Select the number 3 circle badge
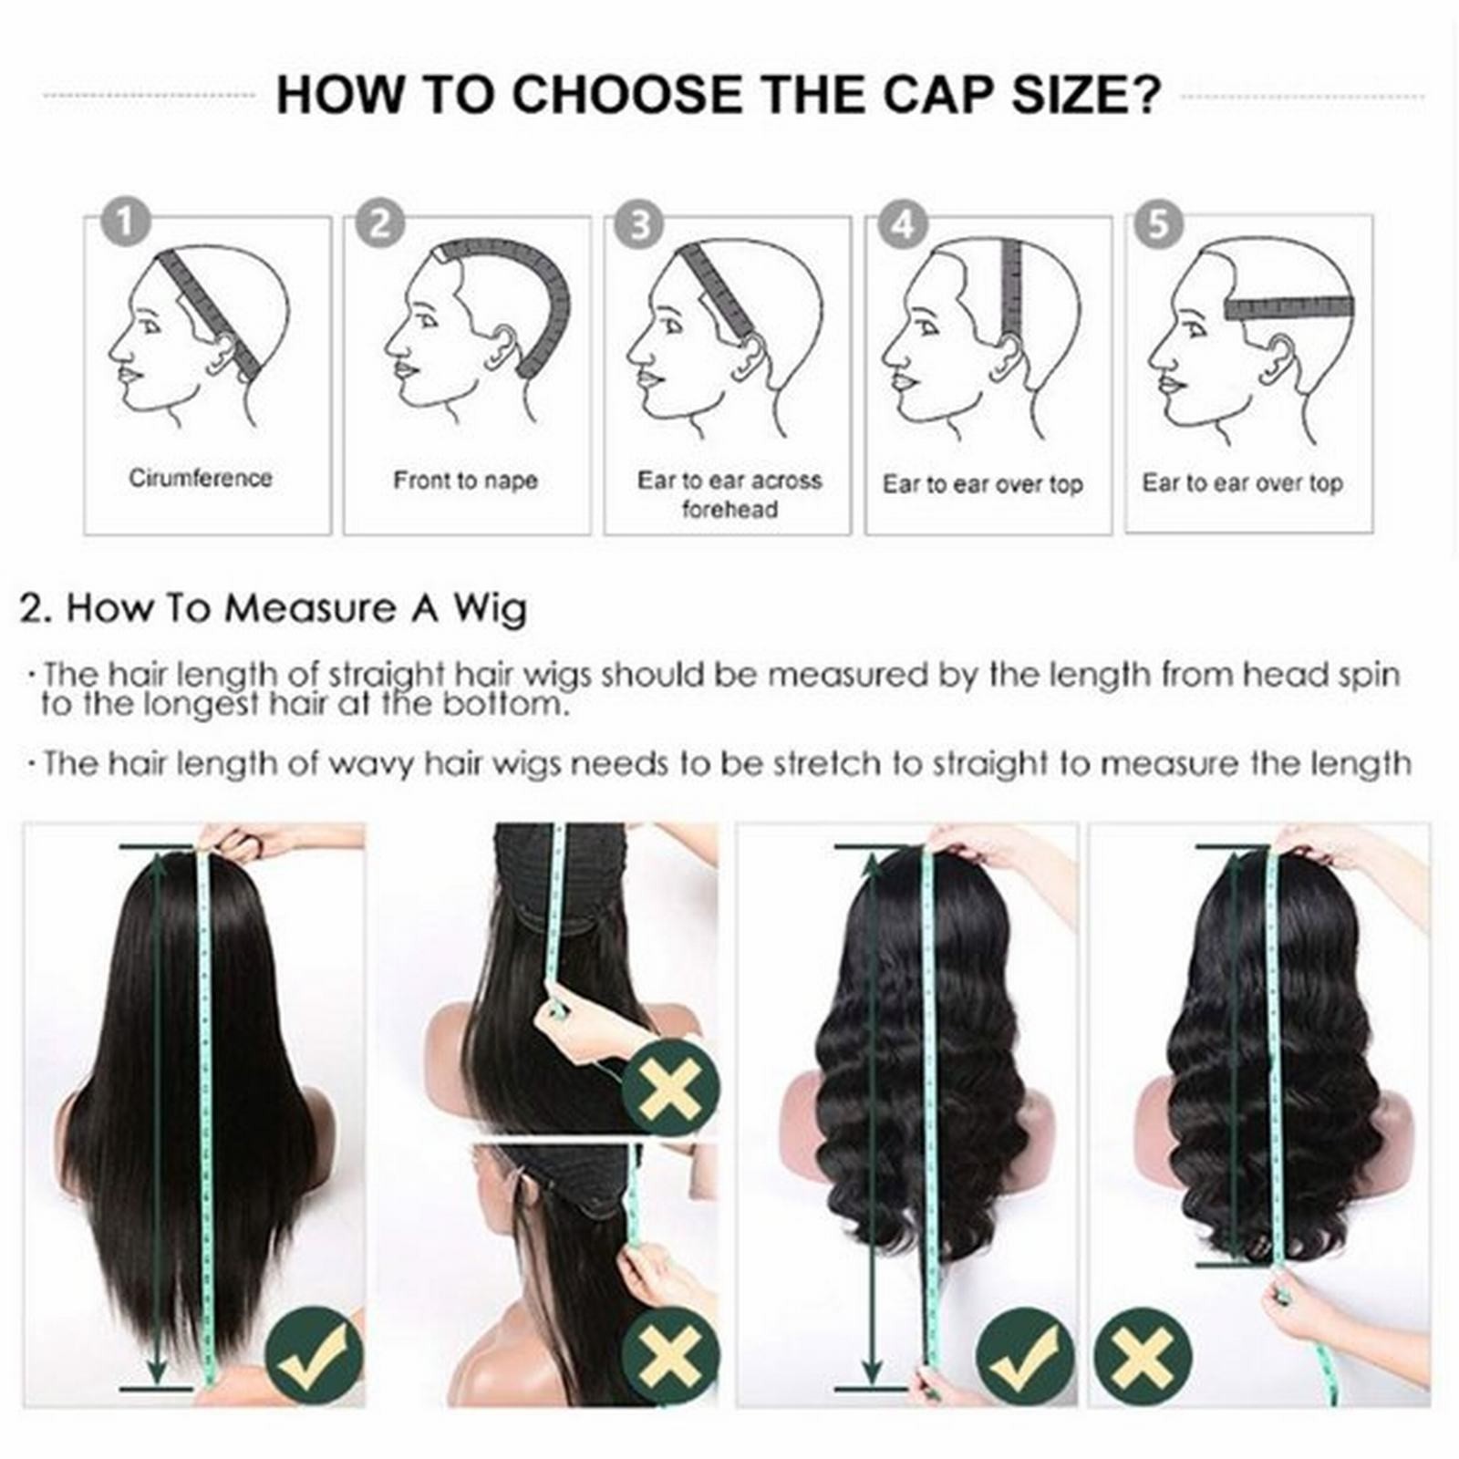[640, 224]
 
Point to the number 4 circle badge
[903, 224]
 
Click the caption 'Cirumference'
[201, 479]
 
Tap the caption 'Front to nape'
[465, 481]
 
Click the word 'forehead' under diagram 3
[729, 509]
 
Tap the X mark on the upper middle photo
[671, 1087]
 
